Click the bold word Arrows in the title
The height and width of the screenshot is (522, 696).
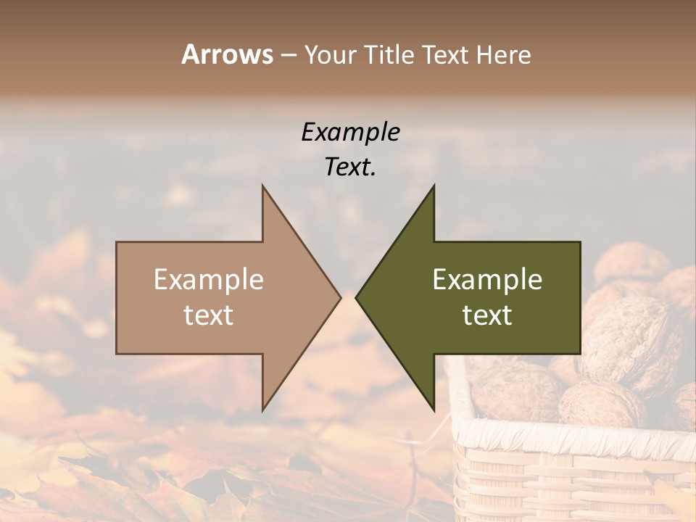click(x=227, y=54)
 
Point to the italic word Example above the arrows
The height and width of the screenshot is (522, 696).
click(x=350, y=133)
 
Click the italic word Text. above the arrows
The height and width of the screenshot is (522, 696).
click(x=350, y=167)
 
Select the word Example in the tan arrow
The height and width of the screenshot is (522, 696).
click(x=209, y=280)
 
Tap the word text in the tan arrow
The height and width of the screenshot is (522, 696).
click(x=209, y=315)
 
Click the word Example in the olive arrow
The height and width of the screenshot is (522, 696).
click(x=487, y=280)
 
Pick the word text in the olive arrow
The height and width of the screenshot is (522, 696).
click(x=487, y=315)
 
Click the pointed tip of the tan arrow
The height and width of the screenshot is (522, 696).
click(x=340, y=297)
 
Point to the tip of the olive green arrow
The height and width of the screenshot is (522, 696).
click(x=357, y=297)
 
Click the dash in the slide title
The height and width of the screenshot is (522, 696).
click(x=288, y=55)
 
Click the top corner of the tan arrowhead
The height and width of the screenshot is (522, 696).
click(x=262, y=186)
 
